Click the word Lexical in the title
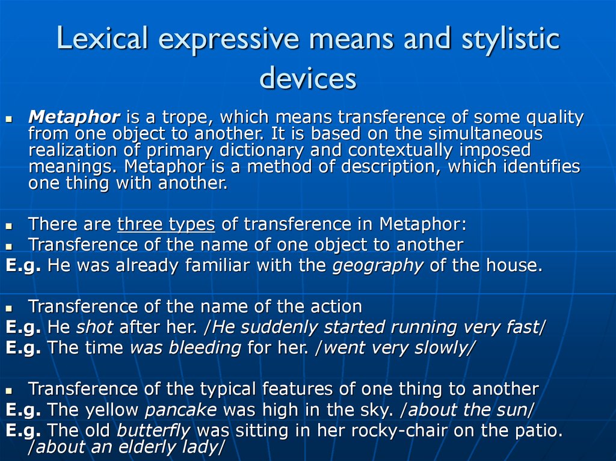click(x=102, y=38)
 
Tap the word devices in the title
click(x=308, y=78)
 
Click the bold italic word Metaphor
click(x=74, y=117)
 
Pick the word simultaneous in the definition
click(x=485, y=133)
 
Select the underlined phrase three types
click(x=166, y=224)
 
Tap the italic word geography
click(x=378, y=266)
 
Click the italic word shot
click(x=94, y=327)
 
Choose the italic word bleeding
click(x=205, y=348)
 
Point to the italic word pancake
click(x=180, y=411)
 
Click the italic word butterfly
click(x=153, y=431)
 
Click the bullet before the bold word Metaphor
click(x=10, y=118)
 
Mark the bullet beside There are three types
click(x=10, y=226)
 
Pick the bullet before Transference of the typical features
click(x=10, y=391)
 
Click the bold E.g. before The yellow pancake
click(x=23, y=411)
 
